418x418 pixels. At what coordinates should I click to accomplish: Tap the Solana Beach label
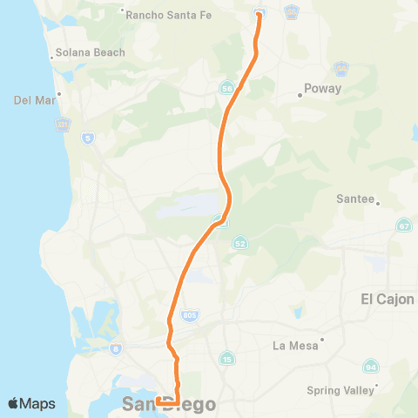click(90, 52)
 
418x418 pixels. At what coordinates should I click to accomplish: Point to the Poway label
click(322, 89)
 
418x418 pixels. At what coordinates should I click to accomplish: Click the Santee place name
click(354, 199)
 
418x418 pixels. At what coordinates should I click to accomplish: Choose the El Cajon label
click(387, 299)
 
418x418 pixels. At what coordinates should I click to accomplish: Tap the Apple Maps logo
click(31, 403)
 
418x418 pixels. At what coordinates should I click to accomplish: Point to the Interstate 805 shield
click(189, 313)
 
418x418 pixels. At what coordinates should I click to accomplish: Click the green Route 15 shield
click(227, 358)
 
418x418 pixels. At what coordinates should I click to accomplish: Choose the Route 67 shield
click(403, 226)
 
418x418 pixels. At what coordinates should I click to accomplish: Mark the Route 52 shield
click(239, 245)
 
